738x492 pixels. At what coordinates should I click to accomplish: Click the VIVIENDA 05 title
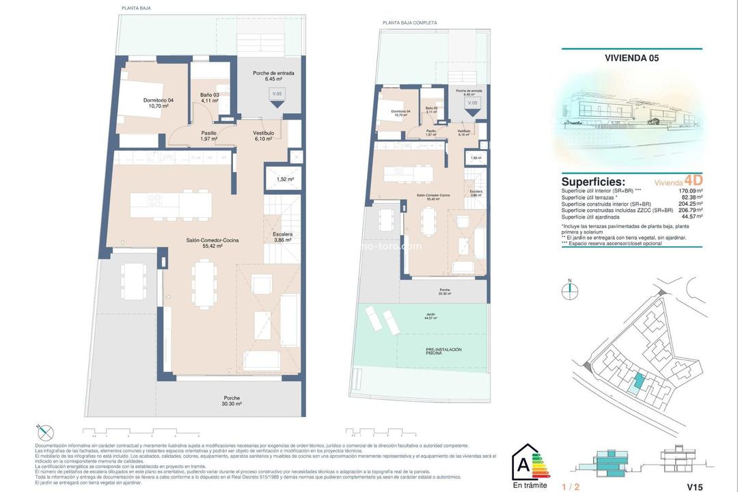pos(631,58)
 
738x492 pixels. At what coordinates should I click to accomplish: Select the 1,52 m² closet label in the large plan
pos(285,179)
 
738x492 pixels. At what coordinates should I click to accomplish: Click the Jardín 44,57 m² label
pos(429,316)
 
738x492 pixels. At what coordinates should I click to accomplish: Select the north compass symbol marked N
pos(569,290)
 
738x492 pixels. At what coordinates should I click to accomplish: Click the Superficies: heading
pos(593,182)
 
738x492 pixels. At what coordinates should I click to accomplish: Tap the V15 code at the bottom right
pos(694,487)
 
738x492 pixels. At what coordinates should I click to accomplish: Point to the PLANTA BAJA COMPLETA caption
pos(409,23)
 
